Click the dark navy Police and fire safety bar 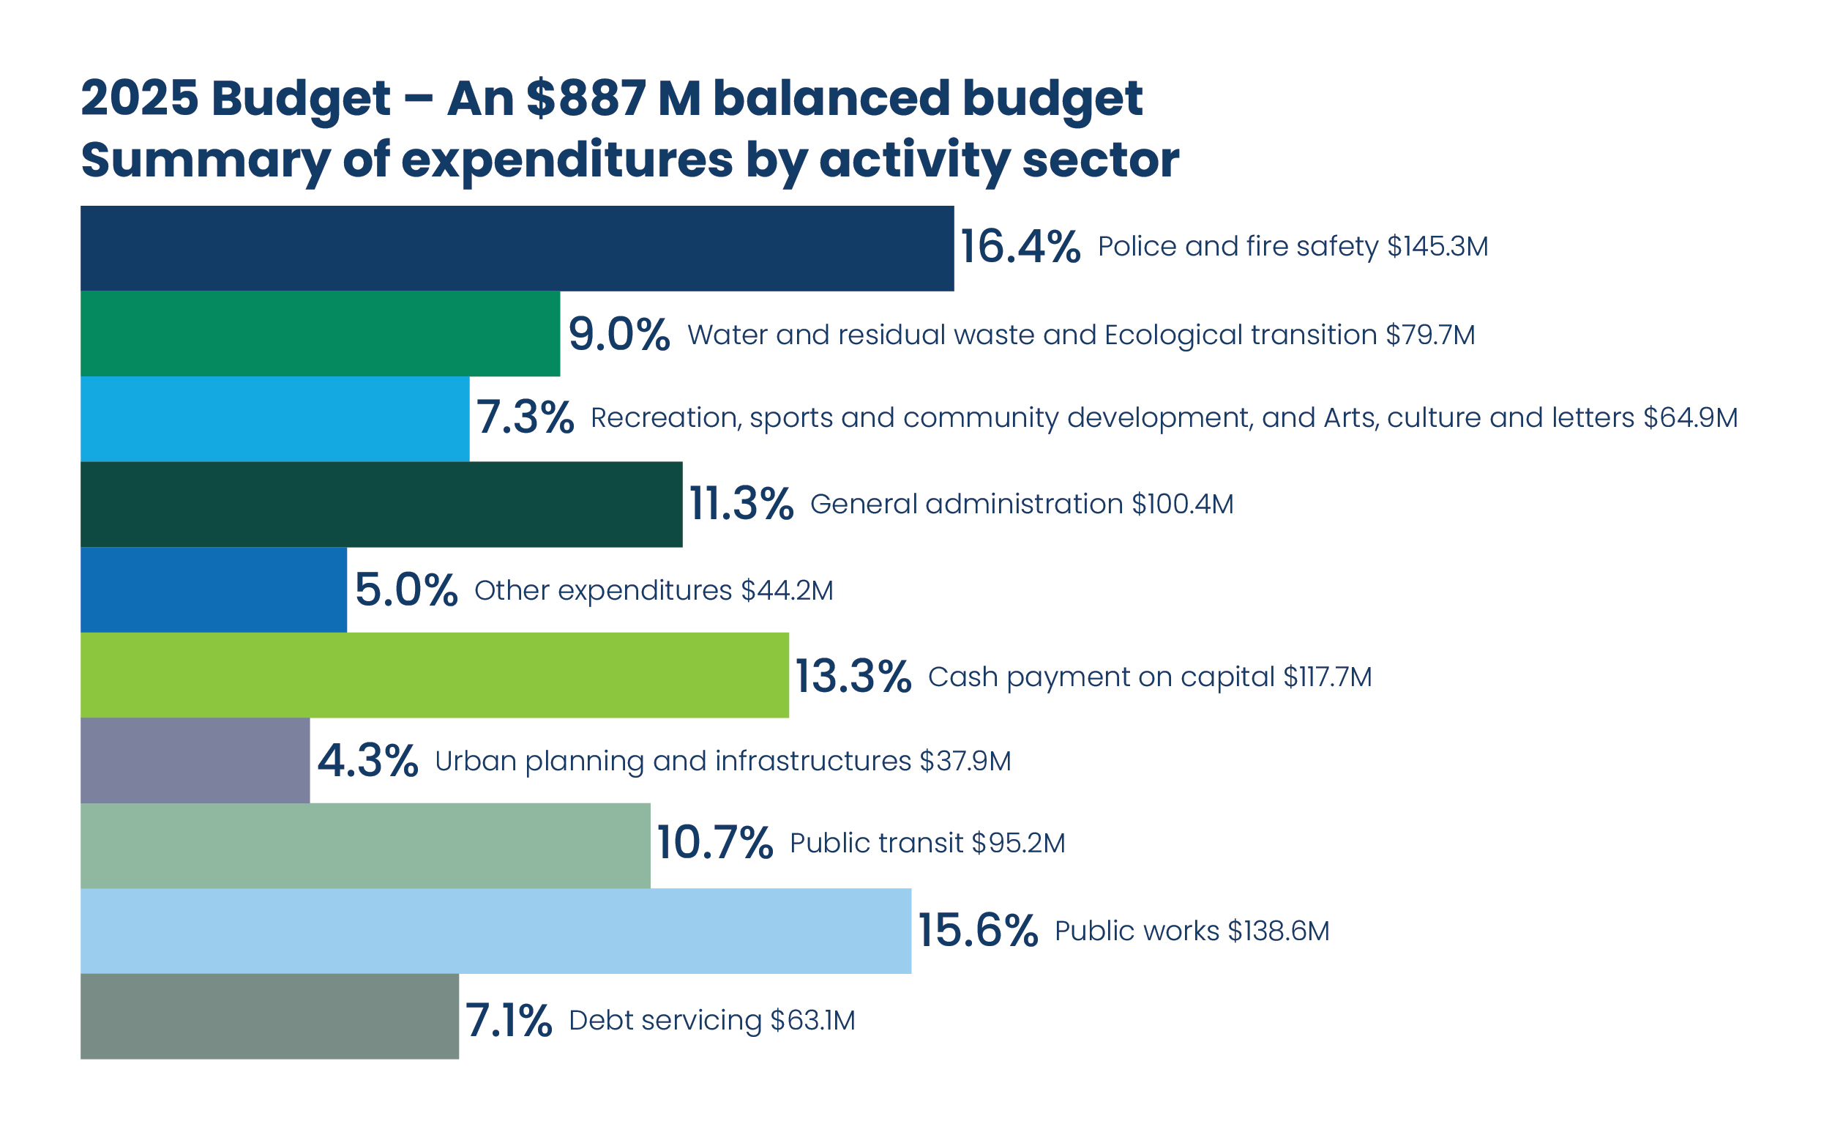coord(516,248)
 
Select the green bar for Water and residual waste coord(320,333)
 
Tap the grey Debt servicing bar coord(269,1016)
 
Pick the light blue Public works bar coord(496,931)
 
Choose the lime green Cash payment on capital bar coord(435,675)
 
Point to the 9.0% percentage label coord(618,334)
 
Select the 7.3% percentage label coord(526,417)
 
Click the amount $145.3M coord(1437,246)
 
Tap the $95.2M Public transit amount coord(1018,843)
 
